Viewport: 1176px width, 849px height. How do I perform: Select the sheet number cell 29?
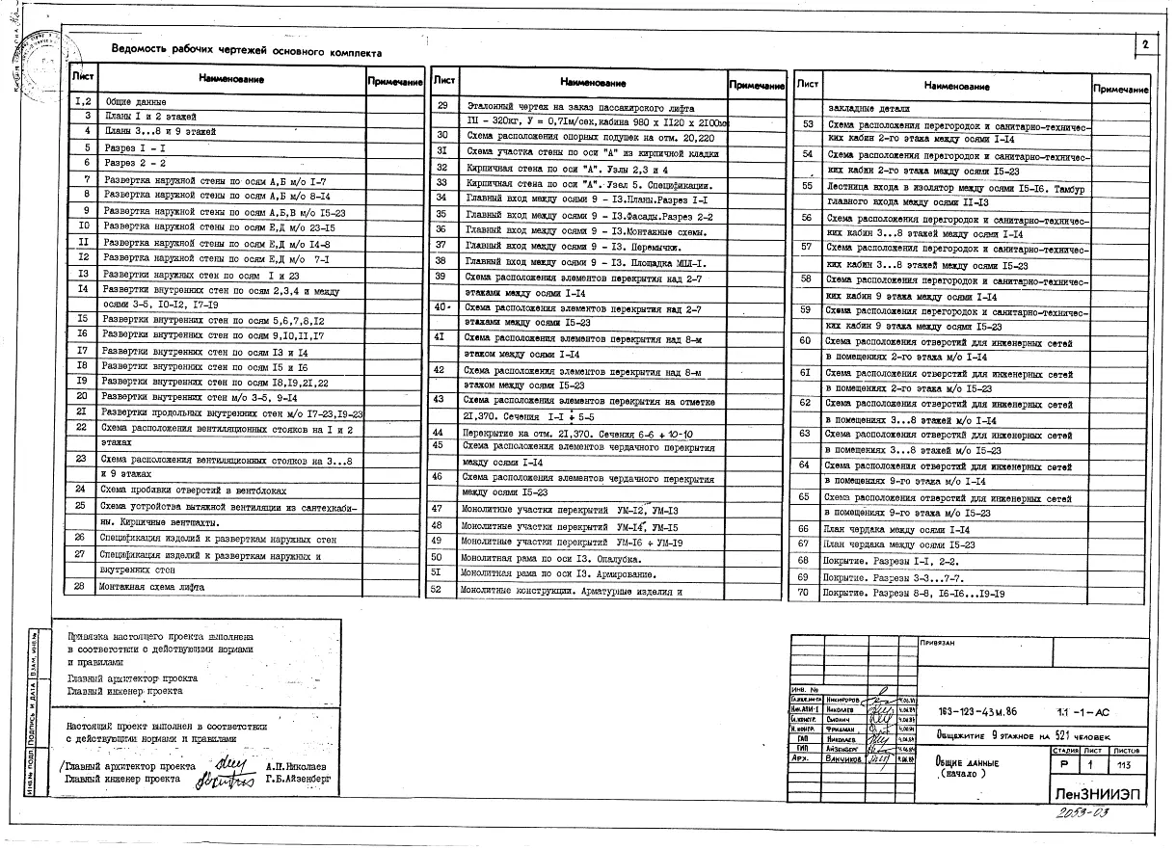[443, 105]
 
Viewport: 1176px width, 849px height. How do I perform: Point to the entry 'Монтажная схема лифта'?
[151, 586]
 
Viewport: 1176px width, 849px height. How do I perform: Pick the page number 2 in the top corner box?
[1145, 45]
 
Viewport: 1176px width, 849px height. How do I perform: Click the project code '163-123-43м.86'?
[976, 713]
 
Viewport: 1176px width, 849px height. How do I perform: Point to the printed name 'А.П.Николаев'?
[295, 761]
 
